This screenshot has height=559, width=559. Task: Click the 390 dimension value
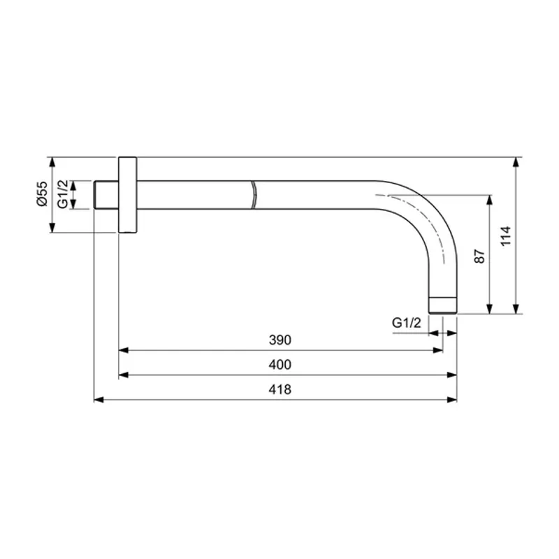(x=279, y=340)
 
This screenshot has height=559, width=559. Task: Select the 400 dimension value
(x=279, y=365)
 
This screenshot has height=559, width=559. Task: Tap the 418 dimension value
(x=279, y=390)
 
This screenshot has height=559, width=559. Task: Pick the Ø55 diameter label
(x=41, y=194)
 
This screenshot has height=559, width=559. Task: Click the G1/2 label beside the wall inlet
(x=63, y=194)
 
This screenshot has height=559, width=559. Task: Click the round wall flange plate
(x=129, y=194)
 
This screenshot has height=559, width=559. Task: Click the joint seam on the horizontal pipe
(x=253, y=194)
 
